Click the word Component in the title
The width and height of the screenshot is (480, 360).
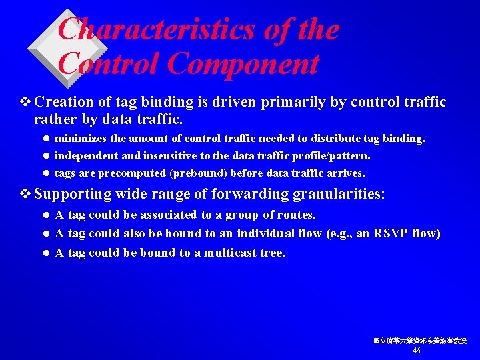coord(243,64)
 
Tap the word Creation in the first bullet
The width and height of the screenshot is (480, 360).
coord(63,102)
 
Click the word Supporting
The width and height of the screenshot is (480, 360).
coord(72,194)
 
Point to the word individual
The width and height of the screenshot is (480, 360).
coord(267,233)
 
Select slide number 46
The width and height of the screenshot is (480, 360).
coord(417,351)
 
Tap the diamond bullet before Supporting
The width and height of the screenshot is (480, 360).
coord(27,194)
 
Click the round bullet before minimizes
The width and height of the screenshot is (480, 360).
coord(46,139)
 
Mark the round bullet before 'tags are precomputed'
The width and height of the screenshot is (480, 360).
coord(46,173)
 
